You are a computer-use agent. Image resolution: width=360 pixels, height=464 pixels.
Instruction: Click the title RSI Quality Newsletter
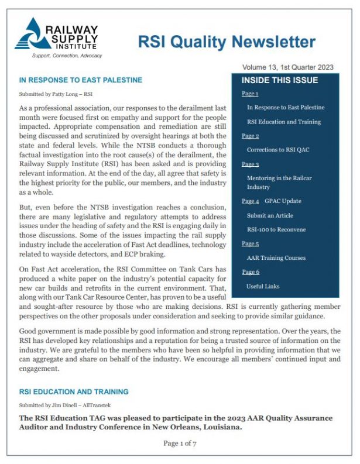coord(226,42)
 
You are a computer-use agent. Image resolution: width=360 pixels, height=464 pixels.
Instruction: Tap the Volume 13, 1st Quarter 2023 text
coord(287,67)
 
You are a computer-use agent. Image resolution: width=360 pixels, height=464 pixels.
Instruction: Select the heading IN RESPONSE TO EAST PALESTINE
coord(80,80)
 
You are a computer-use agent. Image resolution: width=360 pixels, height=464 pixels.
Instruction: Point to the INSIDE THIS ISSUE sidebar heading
coord(280,80)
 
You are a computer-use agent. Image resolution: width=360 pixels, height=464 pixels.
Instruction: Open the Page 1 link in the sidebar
coord(250,94)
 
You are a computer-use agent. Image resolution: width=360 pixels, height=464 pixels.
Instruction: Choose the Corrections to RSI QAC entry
coord(278,150)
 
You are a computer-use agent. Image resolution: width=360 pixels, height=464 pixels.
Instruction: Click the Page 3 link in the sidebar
coord(250,164)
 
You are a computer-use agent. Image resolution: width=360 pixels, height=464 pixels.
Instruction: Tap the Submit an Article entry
coord(270,215)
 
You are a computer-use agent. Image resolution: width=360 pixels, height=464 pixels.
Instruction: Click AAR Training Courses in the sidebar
coord(276,258)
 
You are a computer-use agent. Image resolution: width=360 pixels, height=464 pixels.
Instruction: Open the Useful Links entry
coord(263,286)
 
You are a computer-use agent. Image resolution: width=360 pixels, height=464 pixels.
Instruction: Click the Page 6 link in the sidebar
coord(250,272)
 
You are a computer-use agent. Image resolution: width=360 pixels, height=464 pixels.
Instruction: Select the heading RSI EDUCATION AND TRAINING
coord(74,391)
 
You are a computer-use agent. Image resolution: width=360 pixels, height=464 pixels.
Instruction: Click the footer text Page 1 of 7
coord(180,444)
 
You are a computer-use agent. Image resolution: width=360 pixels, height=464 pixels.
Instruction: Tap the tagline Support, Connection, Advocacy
coord(66,56)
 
